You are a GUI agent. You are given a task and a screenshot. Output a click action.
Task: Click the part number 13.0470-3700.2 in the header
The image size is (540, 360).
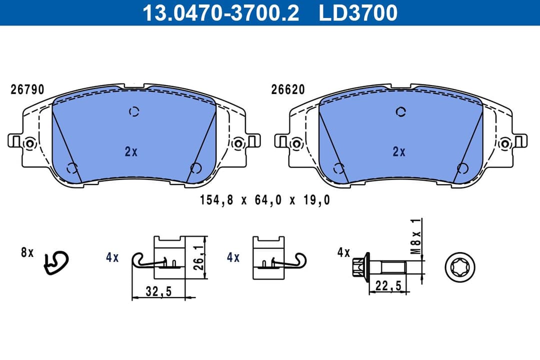click(x=220, y=13)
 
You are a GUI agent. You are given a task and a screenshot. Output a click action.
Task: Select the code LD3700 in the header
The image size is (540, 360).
click(x=358, y=13)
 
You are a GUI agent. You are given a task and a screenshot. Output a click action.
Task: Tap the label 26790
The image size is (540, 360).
click(x=27, y=89)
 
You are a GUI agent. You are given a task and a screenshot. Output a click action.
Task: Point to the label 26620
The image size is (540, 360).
click(x=288, y=89)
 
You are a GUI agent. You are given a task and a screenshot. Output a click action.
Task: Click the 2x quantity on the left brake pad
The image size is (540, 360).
click(x=131, y=152)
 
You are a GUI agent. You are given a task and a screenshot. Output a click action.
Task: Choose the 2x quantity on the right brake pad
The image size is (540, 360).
click(x=398, y=152)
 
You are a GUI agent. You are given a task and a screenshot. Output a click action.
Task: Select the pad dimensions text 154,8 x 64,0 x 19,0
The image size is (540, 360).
click(x=265, y=200)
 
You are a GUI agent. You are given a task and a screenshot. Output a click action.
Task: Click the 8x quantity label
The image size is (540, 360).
click(x=27, y=253)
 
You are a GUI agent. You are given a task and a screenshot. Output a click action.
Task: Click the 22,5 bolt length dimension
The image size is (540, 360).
click(x=387, y=285)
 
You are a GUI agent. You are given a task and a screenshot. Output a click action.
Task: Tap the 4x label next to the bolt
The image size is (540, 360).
click(x=343, y=253)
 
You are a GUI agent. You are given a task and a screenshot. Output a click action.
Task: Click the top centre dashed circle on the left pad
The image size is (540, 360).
click(x=133, y=112)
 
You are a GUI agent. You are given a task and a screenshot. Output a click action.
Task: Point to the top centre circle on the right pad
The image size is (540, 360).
click(x=400, y=112)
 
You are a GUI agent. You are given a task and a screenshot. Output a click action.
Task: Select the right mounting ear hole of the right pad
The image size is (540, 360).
click(x=505, y=143)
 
